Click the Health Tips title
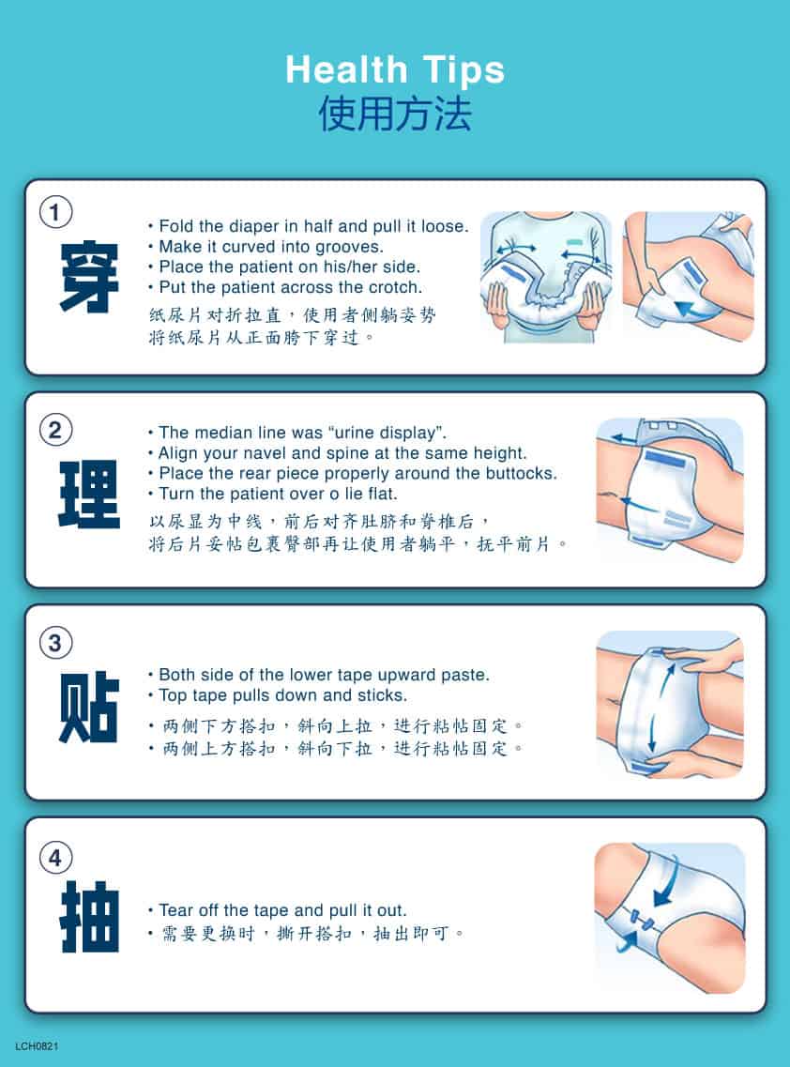pyautogui.click(x=395, y=70)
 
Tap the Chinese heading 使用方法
pyautogui.click(x=395, y=113)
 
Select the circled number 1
pyautogui.click(x=55, y=212)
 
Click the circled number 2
pyautogui.click(x=55, y=430)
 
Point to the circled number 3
pyautogui.click(x=55, y=643)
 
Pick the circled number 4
pyautogui.click(x=55, y=858)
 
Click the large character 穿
pyautogui.click(x=89, y=277)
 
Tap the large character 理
pyautogui.click(x=89, y=494)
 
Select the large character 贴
pyautogui.click(x=89, y=707)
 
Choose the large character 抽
pyautogui.click(x=89, y=917)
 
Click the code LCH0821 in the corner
pyautogui.click(x=37, y=1046)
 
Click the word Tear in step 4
pyautogui.click(x=175, y=910)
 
